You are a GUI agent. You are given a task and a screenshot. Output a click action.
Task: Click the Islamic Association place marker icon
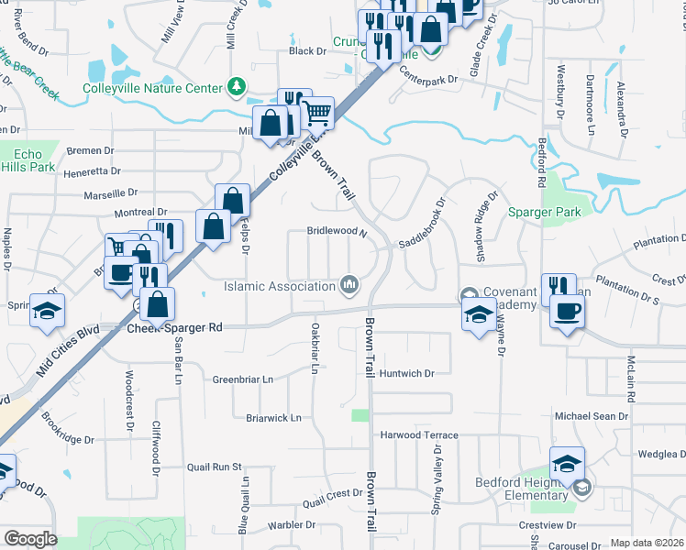[349, 286]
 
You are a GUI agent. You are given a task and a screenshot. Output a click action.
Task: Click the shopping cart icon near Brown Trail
[316, 113]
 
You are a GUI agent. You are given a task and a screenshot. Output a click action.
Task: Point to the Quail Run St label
[213, 467]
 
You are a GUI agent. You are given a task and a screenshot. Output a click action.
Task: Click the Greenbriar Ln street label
[243, 379]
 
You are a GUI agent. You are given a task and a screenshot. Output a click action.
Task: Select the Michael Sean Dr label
[592, 416]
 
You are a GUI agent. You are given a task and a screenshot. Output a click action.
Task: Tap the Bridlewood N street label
[337, 233]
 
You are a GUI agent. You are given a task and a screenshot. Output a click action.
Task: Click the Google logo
[30, 539]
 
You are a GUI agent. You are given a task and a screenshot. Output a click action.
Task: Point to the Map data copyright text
[647, 543]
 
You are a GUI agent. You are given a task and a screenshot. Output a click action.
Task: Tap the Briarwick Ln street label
[273, 418]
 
